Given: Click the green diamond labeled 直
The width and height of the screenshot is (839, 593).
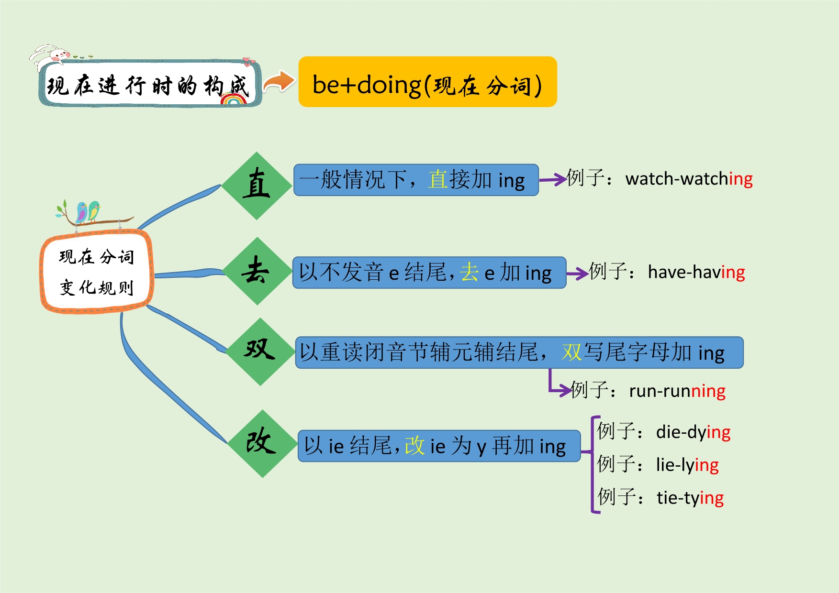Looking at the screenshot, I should pos(257,186).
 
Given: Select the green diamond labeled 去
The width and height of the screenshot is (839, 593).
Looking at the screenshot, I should pos(257,271).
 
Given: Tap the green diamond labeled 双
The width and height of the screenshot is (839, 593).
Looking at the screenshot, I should pos(260,351).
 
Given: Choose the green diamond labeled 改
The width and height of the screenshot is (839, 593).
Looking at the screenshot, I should pos(262,443).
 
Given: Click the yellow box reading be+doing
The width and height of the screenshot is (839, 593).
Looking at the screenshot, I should pos(427,82).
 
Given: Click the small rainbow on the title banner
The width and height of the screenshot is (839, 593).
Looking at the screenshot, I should pos(234,99).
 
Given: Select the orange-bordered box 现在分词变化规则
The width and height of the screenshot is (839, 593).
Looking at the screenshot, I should pos(97,272).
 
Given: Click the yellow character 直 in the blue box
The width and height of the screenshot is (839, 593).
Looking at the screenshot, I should pos(437,180).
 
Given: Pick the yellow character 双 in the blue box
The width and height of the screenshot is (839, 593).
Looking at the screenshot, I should pos(571,352).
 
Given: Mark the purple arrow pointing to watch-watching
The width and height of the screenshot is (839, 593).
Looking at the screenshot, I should pos(552,180).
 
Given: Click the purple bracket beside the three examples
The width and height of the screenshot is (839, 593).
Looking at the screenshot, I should pos(593,464).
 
